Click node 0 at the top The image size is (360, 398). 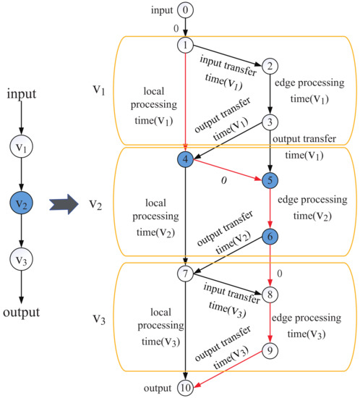tap(187, 10)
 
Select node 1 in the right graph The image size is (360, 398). tap(187, 44)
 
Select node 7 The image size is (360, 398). tap(187, 274)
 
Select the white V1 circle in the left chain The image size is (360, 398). tap(24, 148)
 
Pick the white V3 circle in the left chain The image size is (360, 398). tap(24, 258)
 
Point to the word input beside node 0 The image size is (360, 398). tap(162, 10)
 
